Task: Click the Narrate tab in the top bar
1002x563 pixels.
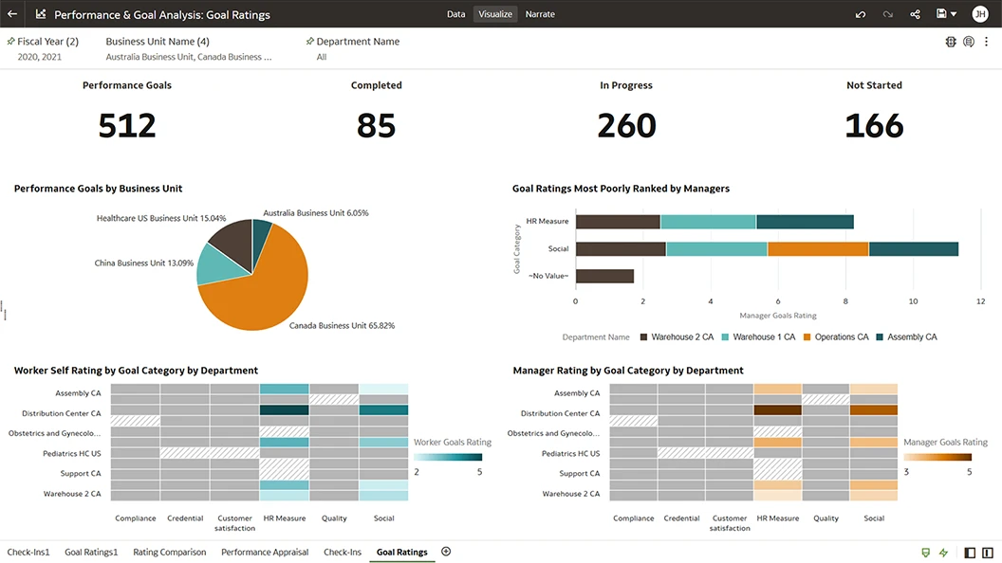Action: point(540,14)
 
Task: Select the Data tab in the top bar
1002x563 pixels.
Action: point(455,14)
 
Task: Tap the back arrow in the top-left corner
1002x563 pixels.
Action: point(12,14)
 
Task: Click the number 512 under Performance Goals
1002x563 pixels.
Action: point(127,126)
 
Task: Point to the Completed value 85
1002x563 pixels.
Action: point(376,126)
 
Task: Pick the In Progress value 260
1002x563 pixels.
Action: point(626,126)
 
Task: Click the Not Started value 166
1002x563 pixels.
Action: point(874,126)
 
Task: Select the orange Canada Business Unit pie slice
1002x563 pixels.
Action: point(261,284)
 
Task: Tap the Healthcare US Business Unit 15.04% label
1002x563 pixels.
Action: point(161,218)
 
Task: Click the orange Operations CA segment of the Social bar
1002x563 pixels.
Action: point(818,249)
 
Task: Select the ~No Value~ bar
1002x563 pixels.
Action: point(604,276)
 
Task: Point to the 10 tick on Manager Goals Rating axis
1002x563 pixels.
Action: point(913,301)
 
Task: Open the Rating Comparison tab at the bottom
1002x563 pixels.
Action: point(169,552)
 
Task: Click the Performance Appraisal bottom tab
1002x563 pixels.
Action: point(265,552)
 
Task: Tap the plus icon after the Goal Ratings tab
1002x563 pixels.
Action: point(446,552)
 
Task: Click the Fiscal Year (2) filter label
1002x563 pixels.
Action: point(47,42)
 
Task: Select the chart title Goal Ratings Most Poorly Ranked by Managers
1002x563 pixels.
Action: point(621,189)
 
